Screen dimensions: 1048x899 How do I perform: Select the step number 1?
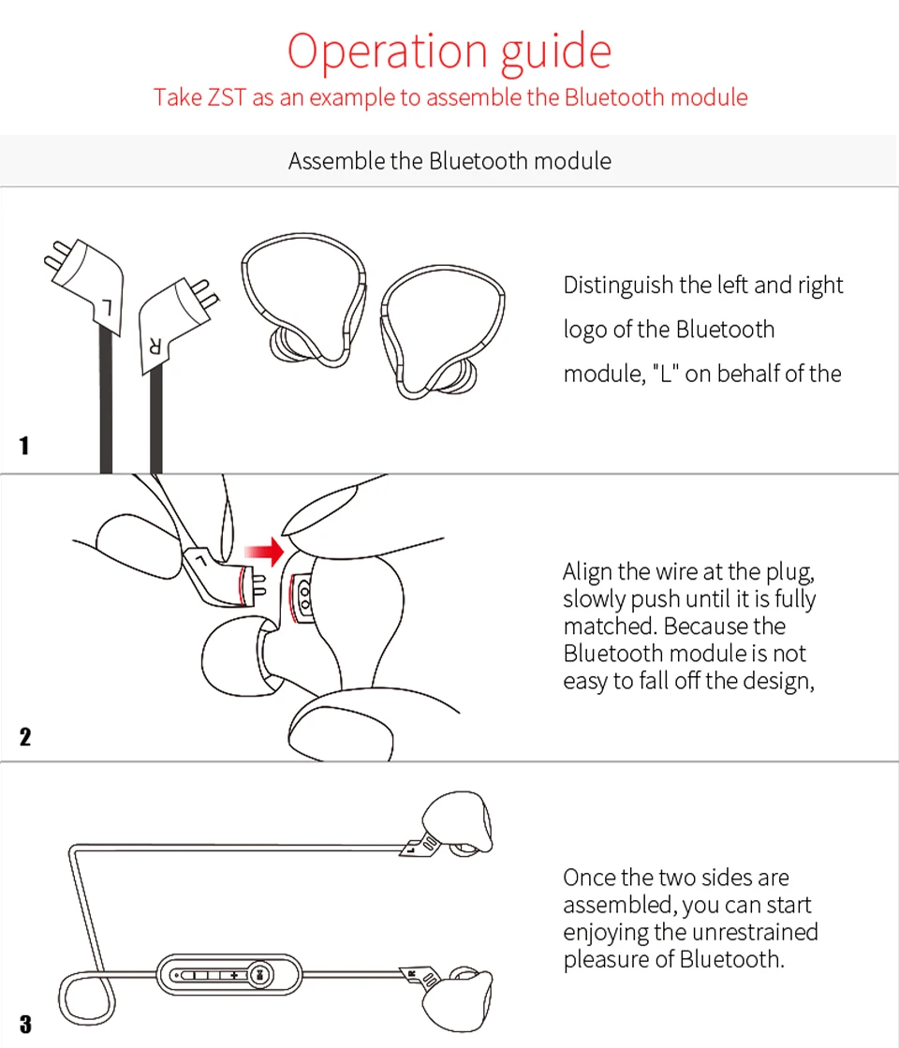pos(24,446)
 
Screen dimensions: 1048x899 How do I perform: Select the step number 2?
pos(24,736)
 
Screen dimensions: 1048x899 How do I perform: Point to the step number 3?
pos(24,1024)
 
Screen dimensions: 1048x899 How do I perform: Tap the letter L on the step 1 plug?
pos(108,305)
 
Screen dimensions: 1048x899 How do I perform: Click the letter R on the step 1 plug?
pos(155,345)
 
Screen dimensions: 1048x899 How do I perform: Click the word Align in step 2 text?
pos(587,571)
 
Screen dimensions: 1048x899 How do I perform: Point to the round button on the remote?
pos(261,975)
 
